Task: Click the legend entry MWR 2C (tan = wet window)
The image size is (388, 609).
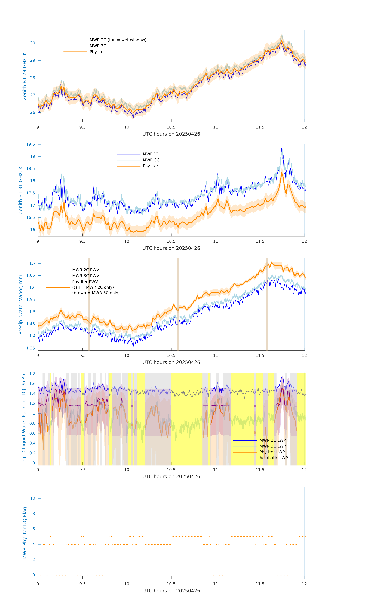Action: [x=118, y=40]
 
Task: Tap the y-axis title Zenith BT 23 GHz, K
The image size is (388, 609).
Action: [x=25, y=76]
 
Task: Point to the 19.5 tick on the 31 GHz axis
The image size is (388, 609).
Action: [x=31, y=144]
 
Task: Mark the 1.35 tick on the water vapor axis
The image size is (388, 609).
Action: [x=31, y=348]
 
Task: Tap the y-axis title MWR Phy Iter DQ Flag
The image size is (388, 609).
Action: [x=25, y=533]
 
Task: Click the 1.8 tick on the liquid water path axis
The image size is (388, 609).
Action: [x=32, y=374]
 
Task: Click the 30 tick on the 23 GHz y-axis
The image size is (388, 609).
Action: [x=33, y=43]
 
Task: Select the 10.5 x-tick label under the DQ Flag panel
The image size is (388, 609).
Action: [x=171, y=584]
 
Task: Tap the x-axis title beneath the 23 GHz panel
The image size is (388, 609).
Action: [x=171, y=134]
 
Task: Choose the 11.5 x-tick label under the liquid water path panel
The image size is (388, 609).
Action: [x=260, y=470]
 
